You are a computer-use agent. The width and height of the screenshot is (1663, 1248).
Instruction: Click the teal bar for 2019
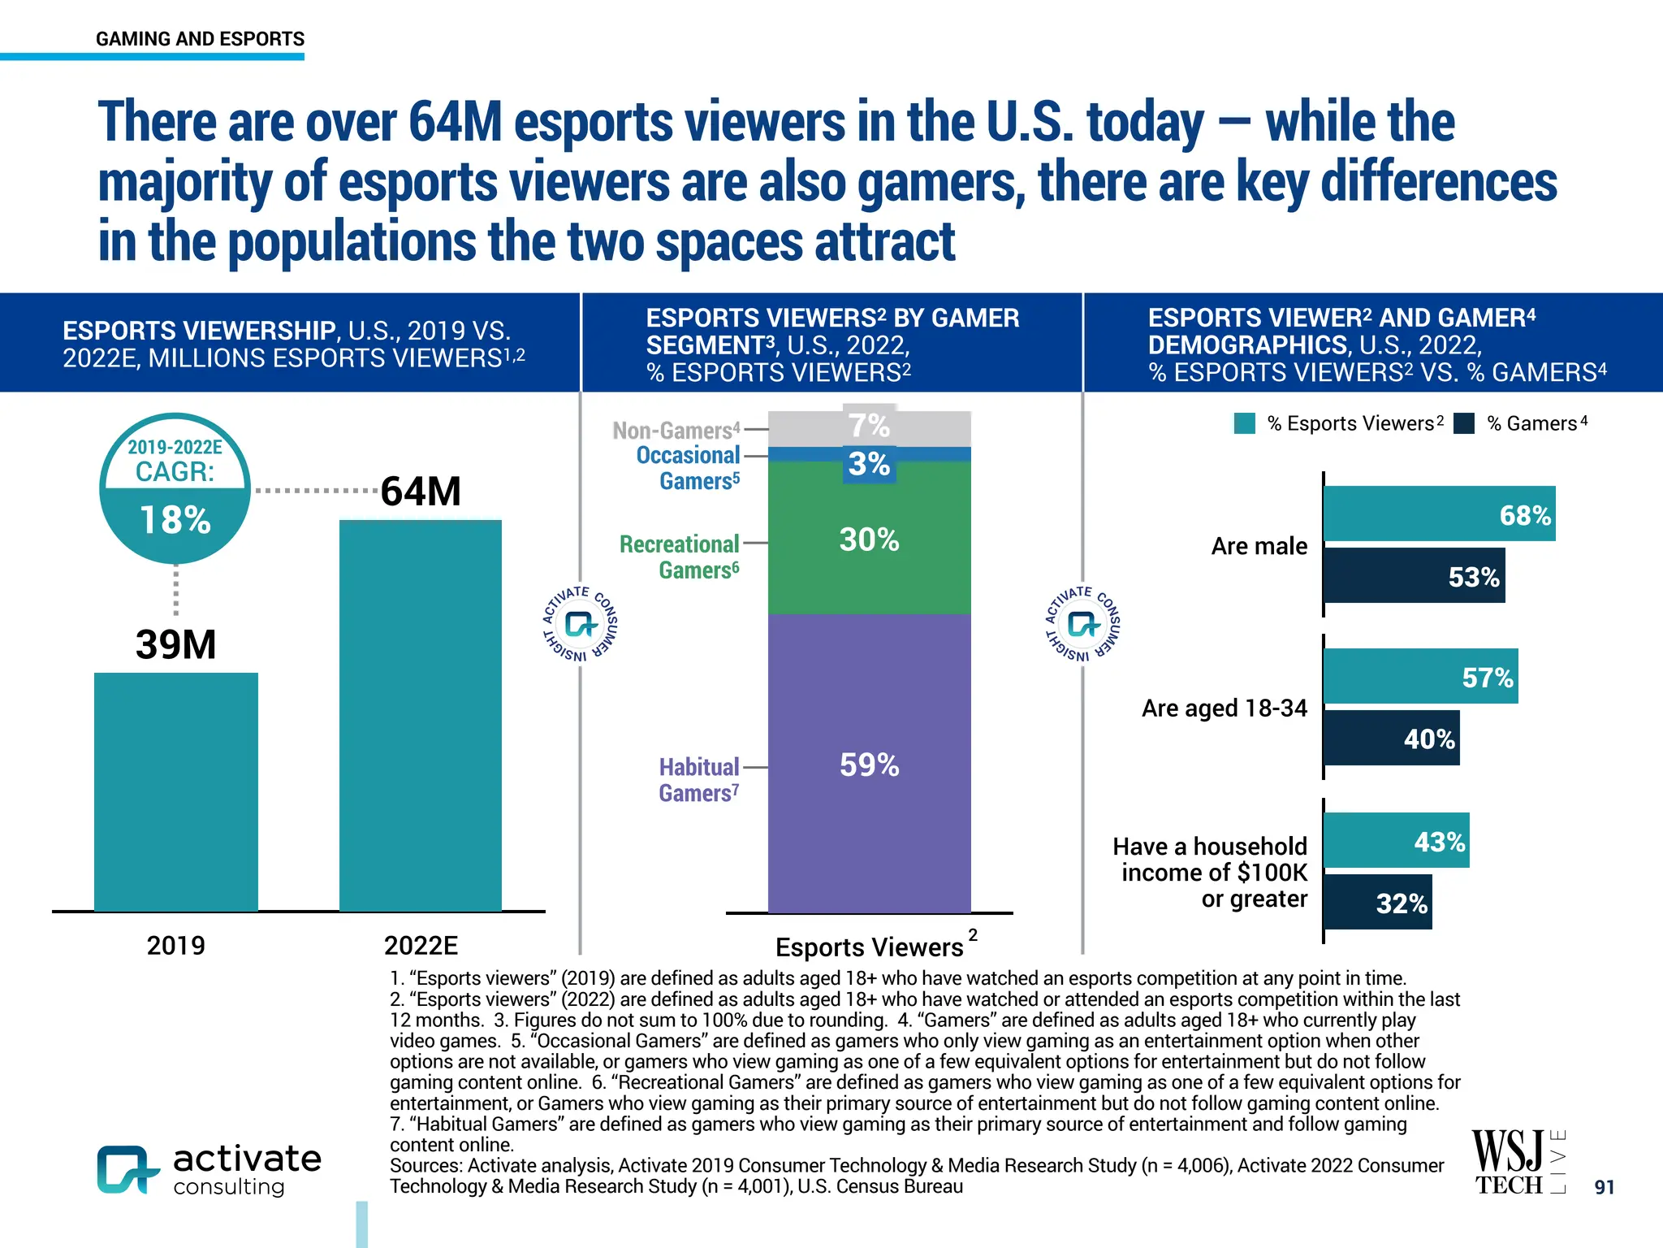tap(176, 791)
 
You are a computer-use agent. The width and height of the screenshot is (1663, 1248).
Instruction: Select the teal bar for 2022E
tap(421, 715)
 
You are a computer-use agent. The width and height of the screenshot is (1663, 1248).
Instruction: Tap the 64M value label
tap(421, 492)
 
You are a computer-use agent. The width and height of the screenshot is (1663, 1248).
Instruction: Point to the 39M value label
tap(176, 644)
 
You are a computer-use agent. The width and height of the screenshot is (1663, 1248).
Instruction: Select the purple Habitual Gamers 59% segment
tap(869, 764)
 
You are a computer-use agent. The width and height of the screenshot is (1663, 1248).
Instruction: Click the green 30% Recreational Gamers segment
tap(869, 538)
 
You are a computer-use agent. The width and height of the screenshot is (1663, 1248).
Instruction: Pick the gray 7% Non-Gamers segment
tap(869, 427)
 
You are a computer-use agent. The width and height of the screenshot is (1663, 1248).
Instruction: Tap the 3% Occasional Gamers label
tap(869, 464)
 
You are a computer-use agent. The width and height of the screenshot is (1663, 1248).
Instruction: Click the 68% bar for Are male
tap(1439, 514)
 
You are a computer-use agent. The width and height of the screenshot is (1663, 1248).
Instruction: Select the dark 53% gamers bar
tap(1414, 576)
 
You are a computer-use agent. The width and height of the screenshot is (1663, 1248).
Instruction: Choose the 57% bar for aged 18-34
tap(1420, 676)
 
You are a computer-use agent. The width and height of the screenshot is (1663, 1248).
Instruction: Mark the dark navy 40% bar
tap(1391, 738)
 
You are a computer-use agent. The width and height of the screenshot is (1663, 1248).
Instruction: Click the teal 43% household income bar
tap(1396, 840)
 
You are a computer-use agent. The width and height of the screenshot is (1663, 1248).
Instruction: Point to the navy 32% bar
tap(1377, 902)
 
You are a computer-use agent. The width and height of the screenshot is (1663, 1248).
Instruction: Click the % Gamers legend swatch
tap(1464, 423)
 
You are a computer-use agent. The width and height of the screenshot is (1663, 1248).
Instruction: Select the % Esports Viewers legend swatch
tap(1245, 423)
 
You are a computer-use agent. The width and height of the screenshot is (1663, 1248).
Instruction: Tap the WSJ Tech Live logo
tap(1517, 1162)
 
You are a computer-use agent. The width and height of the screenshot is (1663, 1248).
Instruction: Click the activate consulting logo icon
tap(127, 1169)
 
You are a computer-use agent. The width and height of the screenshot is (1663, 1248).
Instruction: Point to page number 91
tap(1604, 1187)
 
